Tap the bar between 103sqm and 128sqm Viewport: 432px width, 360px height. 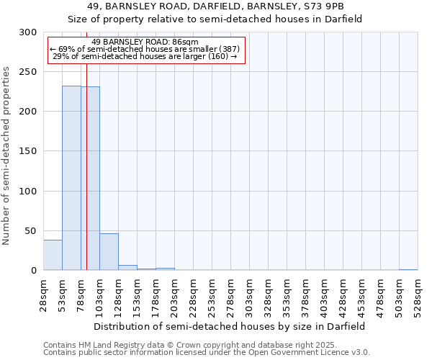109,252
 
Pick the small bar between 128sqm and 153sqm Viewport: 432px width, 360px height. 127,268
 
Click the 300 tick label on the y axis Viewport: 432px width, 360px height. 28,32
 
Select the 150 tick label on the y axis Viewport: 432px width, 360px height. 28,151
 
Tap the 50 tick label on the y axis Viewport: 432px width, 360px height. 31,231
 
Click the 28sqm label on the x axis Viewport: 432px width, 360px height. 44,295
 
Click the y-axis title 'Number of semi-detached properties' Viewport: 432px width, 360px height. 7,156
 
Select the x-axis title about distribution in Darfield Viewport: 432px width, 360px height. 230,326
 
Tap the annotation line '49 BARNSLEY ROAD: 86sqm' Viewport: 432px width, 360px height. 145,42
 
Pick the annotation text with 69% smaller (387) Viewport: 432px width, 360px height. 145,49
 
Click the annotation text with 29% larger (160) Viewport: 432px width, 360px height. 145,56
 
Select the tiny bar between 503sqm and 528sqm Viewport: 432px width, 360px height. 408,269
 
